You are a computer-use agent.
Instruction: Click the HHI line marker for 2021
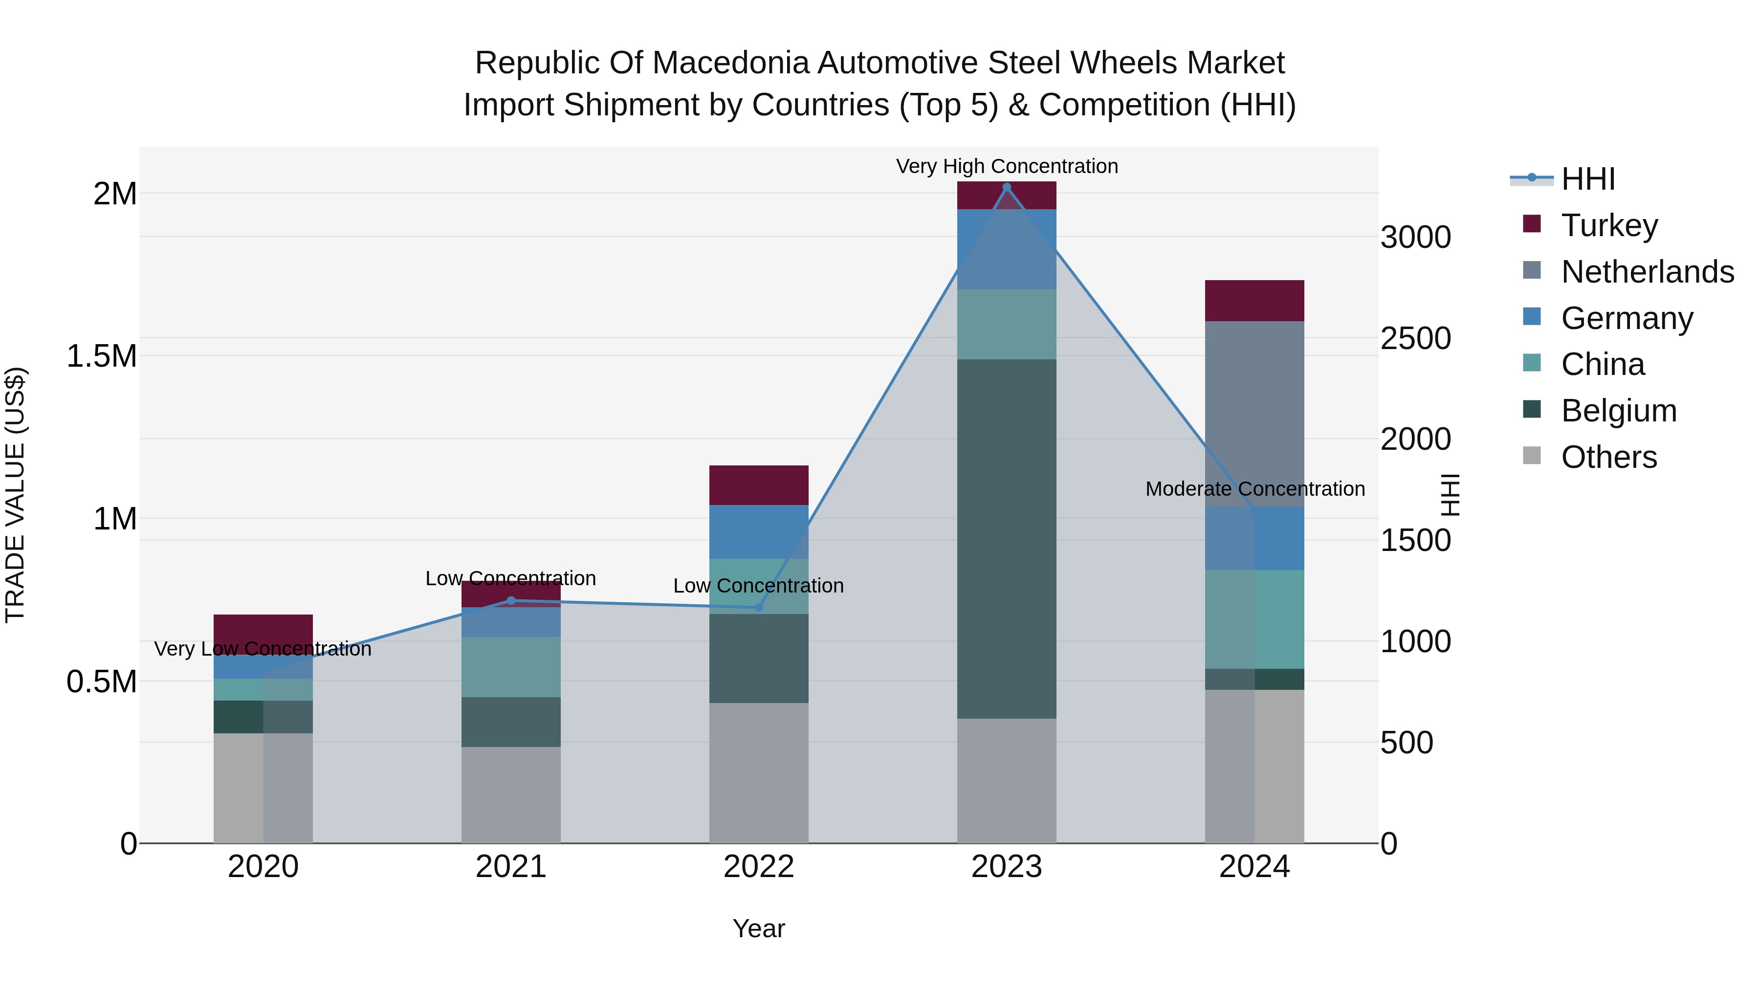click(510, 600)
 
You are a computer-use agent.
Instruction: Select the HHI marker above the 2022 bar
click(758, 607)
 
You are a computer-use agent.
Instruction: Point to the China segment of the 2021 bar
click(510, 667)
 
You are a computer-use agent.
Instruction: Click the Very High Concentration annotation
click(1007, 166)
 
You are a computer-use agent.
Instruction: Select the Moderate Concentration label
click(1254, 489)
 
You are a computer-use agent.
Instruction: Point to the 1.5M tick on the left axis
click(101, 356)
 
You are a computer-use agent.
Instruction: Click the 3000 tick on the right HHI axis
click(1415, 238)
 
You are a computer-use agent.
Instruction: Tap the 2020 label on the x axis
click(263, 867)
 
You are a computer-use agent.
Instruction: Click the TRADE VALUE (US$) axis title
click(15, 495)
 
